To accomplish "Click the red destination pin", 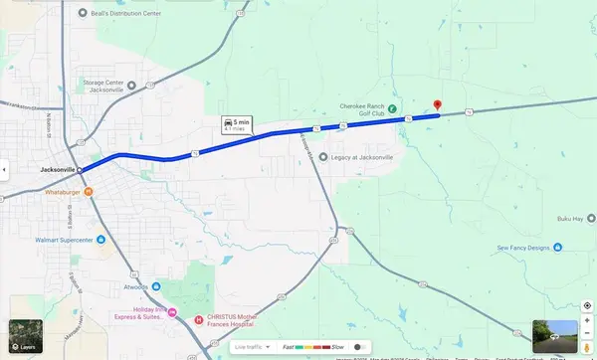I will pyautogui.click(x=438, y=105).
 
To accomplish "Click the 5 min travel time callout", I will pyautogui.click(x=239, y=124).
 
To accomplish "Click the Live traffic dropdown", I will pyautogui.click(x=253, y=347).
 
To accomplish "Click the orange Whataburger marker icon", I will pyautogui.click(x=89, y=191).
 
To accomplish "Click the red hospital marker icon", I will pyautogui.click(x=199, y=321).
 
